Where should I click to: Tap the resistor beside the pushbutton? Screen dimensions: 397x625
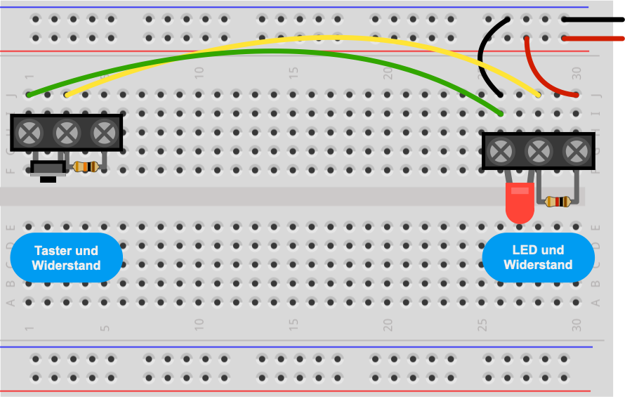86,167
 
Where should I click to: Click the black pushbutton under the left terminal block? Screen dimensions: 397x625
48,169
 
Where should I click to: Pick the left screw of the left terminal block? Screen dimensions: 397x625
29,131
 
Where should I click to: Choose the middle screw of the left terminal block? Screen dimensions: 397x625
67,131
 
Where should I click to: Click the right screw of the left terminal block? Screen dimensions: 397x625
105,131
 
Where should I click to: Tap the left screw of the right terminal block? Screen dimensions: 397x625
501,150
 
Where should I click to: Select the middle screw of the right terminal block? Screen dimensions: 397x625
539,150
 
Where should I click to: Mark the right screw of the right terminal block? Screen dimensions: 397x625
577,150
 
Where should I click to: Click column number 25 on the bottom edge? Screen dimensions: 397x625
482,325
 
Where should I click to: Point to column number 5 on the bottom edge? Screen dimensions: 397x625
105,327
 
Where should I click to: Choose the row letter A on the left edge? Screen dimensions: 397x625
11,303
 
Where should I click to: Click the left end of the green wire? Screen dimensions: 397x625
29,93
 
